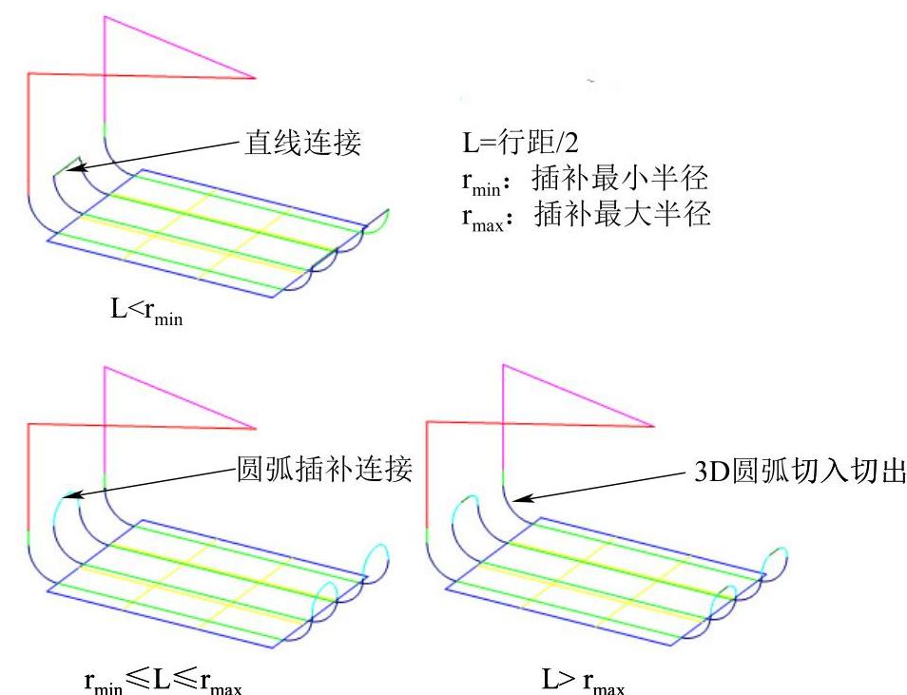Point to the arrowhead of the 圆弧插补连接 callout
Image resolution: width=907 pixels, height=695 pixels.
pyautogui.click(x=68, y=495)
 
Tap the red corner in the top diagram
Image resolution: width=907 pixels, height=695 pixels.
pyautogui.click(x=29, y=73)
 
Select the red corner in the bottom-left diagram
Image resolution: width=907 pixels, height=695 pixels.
pyautogui.click(x=29, y=425)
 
